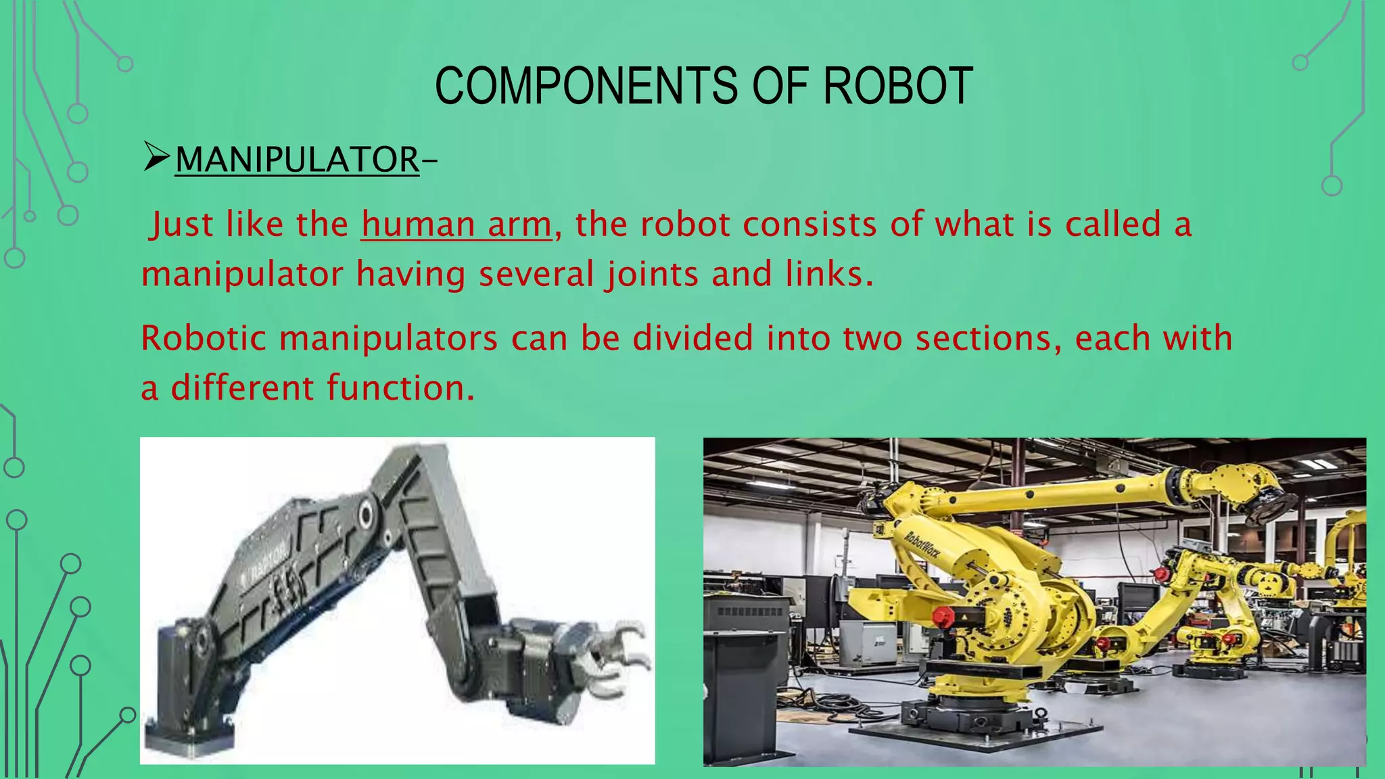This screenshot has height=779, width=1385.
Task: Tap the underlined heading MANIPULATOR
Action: [x=297, y=160]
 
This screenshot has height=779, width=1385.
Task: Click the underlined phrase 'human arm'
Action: [x=456, y=225]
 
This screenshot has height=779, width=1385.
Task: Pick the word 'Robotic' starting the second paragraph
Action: [x=204, y=338]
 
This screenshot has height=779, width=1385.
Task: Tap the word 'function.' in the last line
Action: [x=401, y=388]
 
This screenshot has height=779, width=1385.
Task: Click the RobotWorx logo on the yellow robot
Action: [x=922, y=548]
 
